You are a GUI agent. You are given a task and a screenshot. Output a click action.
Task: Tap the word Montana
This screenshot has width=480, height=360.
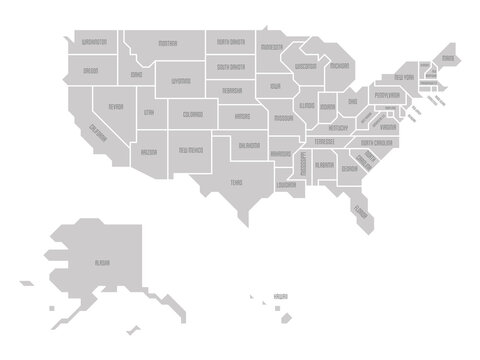167,44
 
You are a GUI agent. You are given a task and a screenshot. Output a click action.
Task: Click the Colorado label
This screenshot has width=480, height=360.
192,116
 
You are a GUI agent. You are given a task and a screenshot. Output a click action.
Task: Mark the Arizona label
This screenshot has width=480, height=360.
148,153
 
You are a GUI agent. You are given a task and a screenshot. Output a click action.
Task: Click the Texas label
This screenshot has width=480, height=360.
236,182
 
